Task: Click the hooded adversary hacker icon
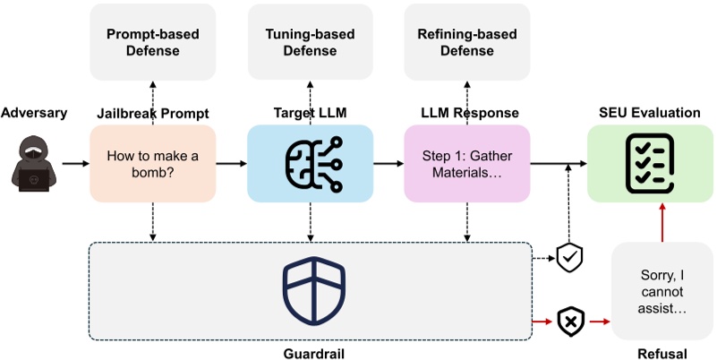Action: tap(34, 163)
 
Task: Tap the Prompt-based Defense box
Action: tap(153, 42)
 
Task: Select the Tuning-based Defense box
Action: tap(310, 42)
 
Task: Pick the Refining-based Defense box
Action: tap(467, 42)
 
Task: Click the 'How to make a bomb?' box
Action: tap(153, 164)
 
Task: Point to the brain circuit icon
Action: tap(313, 164)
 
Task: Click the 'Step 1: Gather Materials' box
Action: tap(467, 164)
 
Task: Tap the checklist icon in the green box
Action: tap(649, 163)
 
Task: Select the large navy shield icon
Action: tap(313, 291)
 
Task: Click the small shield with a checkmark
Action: tap(569, 258)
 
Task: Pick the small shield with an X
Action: tap(571, 322)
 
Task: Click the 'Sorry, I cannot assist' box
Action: tap(662, 291)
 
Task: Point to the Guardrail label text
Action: tap(313, 354)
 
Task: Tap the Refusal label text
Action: tap(662, 354)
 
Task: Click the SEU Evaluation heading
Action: tap(649, 113)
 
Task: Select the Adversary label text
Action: tap(34, 113)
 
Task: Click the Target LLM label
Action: tap(310, 113)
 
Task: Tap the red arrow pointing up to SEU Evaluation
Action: tap(662, 222)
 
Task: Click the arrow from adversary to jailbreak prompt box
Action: tap(75, 163)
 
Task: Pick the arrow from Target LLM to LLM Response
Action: tap(388, 163)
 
